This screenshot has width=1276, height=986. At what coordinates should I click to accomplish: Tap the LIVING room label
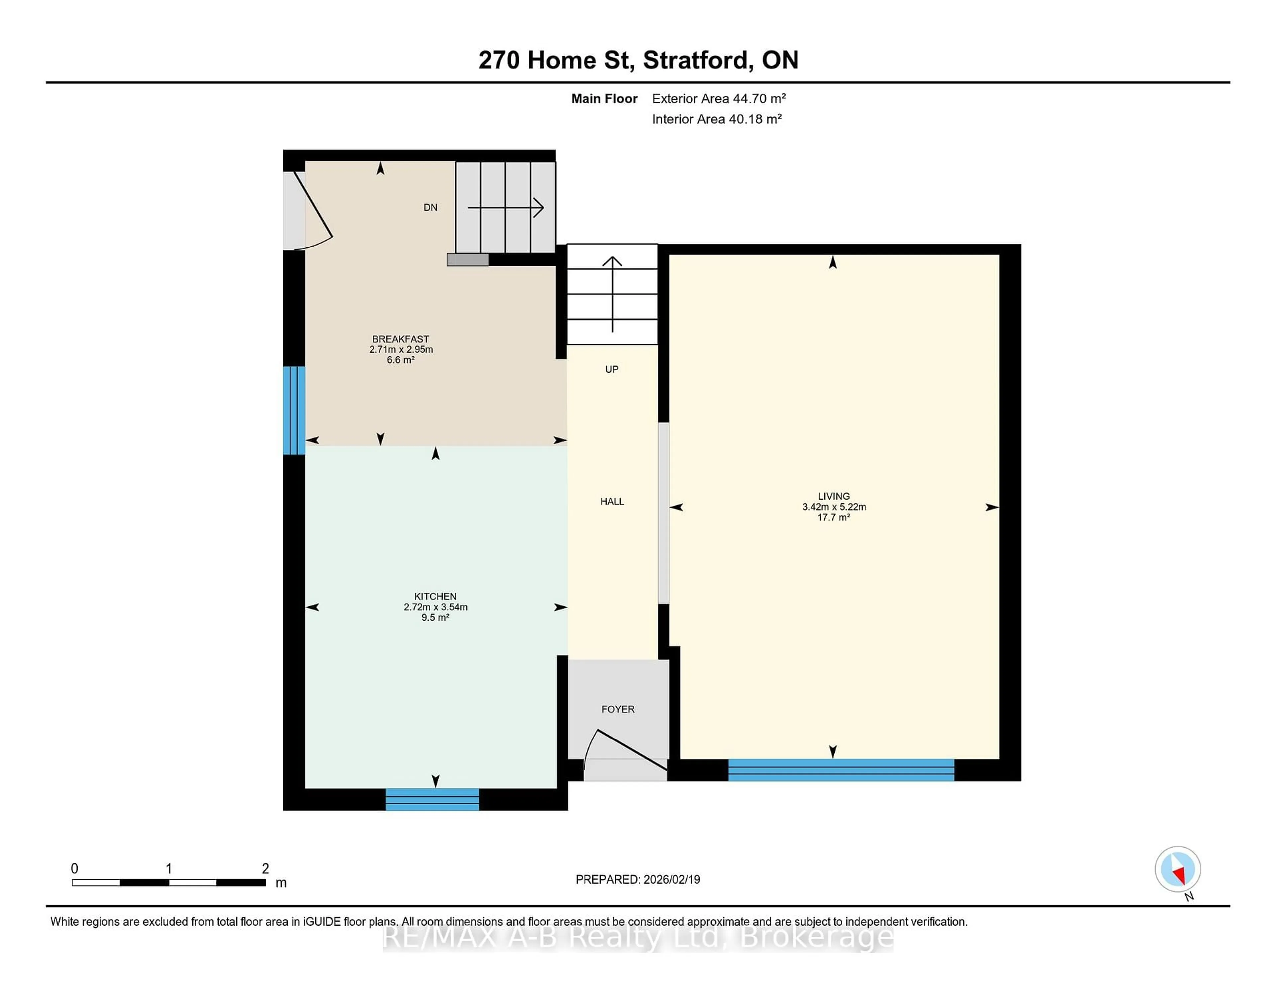pyautogui.click(x=834, y=496)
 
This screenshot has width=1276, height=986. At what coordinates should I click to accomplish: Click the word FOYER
pyautogui.click(x=617, y=709)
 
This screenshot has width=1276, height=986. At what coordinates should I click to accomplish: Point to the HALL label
pyautogui.click(x=612, y=501)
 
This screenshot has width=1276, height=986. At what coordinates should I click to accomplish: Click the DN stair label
pyautogui.click(x=430, y=207)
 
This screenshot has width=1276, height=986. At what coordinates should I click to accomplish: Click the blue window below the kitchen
pyautogui.click(x=432, y=799)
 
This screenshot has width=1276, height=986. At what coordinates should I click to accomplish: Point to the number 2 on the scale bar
pyautogui.click(x=265, y=869)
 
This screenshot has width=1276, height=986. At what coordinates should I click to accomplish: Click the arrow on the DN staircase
pyautogui.click(x=506, y=207)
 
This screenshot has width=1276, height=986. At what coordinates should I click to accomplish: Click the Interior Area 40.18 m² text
pyautogui.click(x=716, y=119)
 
